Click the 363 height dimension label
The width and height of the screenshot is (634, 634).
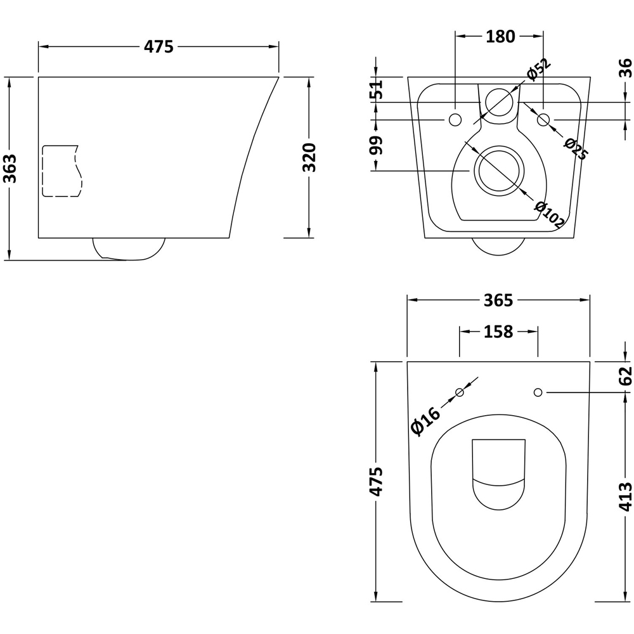pyautogui.click(x=10, y=167)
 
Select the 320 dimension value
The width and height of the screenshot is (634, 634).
pyautogui.click(x=309, y=158)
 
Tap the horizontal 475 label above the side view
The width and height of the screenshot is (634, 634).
pyautogui.click(x=158, y=47)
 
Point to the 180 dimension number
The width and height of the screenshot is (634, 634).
pyautogui.click(x=500, y=37)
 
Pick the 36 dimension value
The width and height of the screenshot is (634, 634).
pyautogui.click(x=625, y=68)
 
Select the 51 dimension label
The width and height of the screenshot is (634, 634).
pyautogui.click(x=377, y=89)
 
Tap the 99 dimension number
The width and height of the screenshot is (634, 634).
pyautogui.click(x=377, y=145)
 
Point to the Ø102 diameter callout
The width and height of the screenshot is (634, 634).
pyautogui.click(x=549, y=214)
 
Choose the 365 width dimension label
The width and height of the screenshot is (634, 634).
pyautogui.click(x=498, y=300)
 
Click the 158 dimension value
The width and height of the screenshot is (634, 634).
pyautogui.click(x=498, y=332)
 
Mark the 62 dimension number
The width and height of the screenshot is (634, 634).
pyautogui.click(x=625, y=375)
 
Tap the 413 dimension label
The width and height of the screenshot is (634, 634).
pyautogui.click(x=625, y=496)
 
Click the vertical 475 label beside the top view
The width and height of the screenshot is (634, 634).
pyautogui.click(x=377, y=482)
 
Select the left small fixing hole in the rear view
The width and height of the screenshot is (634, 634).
pyautogui.click(x=455, y=119)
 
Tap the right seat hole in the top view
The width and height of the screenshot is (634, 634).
pyautogui.click(x=538, y=392)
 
